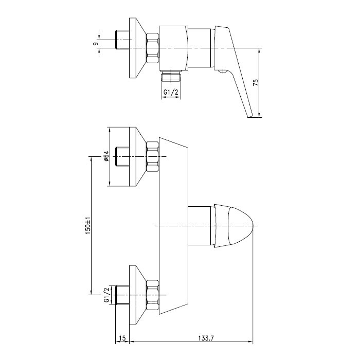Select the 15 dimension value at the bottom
tap(122, 338)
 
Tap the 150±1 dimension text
tap(88, 226)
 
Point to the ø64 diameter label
tap(106, 156)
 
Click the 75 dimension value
tap(256, 83)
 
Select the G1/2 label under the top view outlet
tap(171, 92)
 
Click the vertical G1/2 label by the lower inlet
tap(106, 295)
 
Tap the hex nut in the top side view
tap(152, 48)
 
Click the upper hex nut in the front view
tap(152, 156)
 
